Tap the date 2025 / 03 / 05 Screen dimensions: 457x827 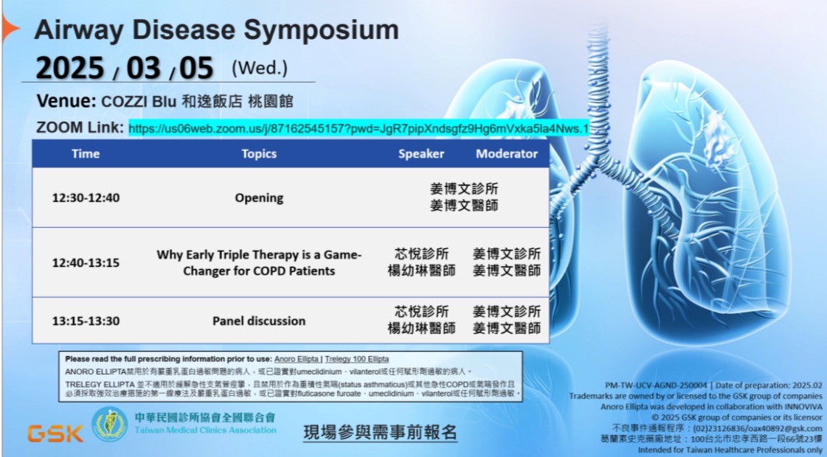point(125,69)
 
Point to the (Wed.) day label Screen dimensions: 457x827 point(260,69)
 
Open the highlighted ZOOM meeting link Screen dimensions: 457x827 point(359,129)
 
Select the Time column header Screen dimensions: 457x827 point(86,154)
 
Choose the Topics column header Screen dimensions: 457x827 point(259,154)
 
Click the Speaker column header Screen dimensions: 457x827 point(421,154)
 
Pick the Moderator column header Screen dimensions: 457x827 point(506,154)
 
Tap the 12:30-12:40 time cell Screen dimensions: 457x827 point(86,198)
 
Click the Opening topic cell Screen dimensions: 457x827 point(259,198)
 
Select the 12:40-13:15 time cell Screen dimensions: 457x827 point(86,262)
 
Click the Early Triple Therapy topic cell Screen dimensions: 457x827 point(259,262)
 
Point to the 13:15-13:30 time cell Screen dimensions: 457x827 point(86,321)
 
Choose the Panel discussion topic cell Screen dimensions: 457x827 point(259,321)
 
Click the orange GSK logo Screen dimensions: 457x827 point(55,433)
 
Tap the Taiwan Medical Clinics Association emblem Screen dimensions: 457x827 point(108,425)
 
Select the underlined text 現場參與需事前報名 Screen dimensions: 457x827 point(380,433)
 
